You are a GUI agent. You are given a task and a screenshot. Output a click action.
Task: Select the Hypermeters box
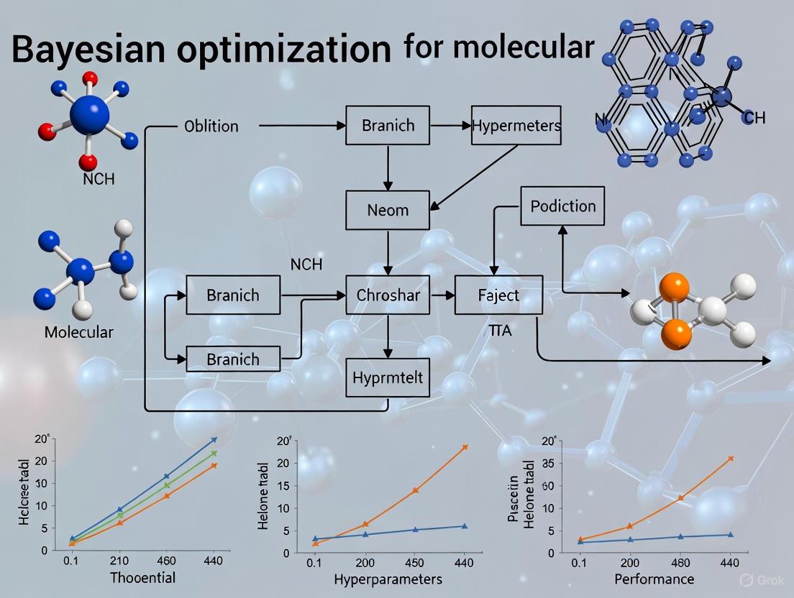pos(516,126)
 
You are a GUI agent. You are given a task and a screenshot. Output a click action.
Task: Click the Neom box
pos(388,210)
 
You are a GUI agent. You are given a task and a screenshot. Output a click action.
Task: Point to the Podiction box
pos(562,206)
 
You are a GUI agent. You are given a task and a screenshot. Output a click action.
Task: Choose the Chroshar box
pos(388,295)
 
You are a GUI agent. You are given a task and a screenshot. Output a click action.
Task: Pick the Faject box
pos(498,295)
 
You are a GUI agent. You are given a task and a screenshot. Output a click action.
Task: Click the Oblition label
pos(211,126)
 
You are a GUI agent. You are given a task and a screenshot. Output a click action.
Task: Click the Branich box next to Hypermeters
pos(388,125)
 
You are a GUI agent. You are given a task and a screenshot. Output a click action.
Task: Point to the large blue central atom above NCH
pos(89,115)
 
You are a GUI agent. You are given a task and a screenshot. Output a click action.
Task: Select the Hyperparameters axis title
pos(388,579)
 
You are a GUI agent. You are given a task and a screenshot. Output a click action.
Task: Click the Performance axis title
pos(654,579)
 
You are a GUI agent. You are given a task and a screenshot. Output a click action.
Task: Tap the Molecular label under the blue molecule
pos(78,332)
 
